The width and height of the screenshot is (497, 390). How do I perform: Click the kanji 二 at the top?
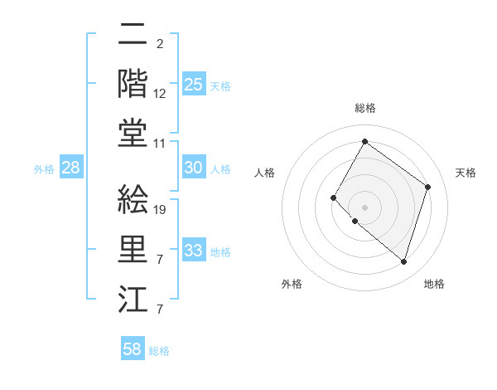click(x=133, y=35)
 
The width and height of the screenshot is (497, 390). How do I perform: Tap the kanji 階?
click(x=133, y=83)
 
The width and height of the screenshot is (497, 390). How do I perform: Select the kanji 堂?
click(x=133, y=133)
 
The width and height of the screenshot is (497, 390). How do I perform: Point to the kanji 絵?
click(x=133, y=199)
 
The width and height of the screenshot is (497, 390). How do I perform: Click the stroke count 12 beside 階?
click(x=160, y=95)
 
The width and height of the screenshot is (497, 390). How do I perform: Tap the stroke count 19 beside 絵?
click(x=160, y=210)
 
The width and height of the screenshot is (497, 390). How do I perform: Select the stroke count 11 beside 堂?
click(x=160, y=144)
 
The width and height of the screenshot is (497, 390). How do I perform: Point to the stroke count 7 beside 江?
click(x=159, y=310)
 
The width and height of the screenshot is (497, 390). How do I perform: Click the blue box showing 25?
click(x=193, y=84)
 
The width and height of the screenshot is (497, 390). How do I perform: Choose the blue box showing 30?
click(x=193, y=168)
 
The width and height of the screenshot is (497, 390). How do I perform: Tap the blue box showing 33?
click(x=193, y=251)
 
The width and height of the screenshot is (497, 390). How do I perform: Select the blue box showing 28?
click(x=70, y=168)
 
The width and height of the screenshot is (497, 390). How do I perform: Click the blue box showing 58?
click(x=132, y=349)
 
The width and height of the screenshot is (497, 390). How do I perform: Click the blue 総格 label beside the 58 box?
click(x=159, y=351)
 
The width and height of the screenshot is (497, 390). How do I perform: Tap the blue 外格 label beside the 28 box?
click(x=44, y=169)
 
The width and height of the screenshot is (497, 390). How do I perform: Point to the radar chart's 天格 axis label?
click(x=466, y=173)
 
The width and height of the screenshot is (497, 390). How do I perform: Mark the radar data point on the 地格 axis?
click(x=403, y=262)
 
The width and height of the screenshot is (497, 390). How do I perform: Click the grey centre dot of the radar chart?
click(x=364, y=207)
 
